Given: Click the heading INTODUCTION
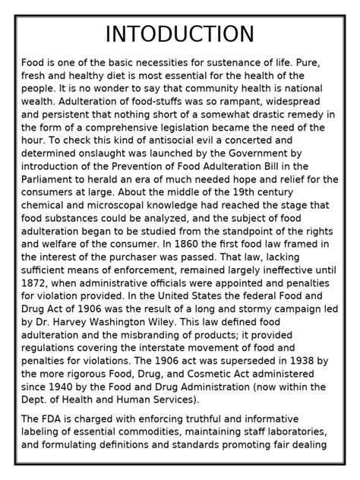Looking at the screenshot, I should pos(180,34).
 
